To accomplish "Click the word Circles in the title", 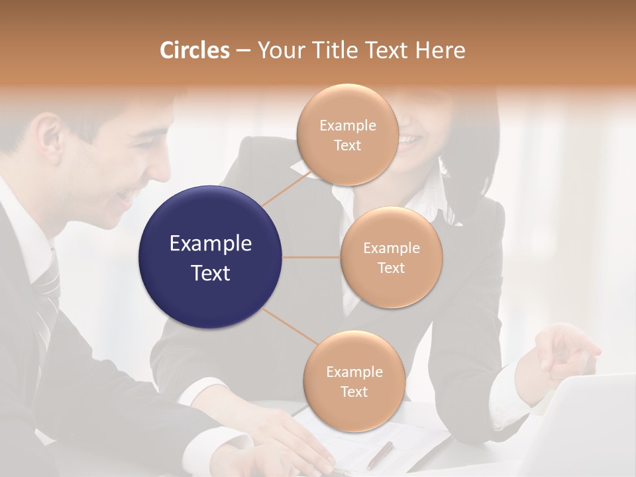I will tap(194, 50).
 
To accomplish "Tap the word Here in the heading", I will tap(441, 50).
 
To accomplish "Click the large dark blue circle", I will tap(211, 257).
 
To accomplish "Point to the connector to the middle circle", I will tap(311, 257).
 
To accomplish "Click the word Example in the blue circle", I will tap(211, 244).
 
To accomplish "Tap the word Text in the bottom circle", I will tap(354, 392).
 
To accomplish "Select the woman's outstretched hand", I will tap(563, 351).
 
